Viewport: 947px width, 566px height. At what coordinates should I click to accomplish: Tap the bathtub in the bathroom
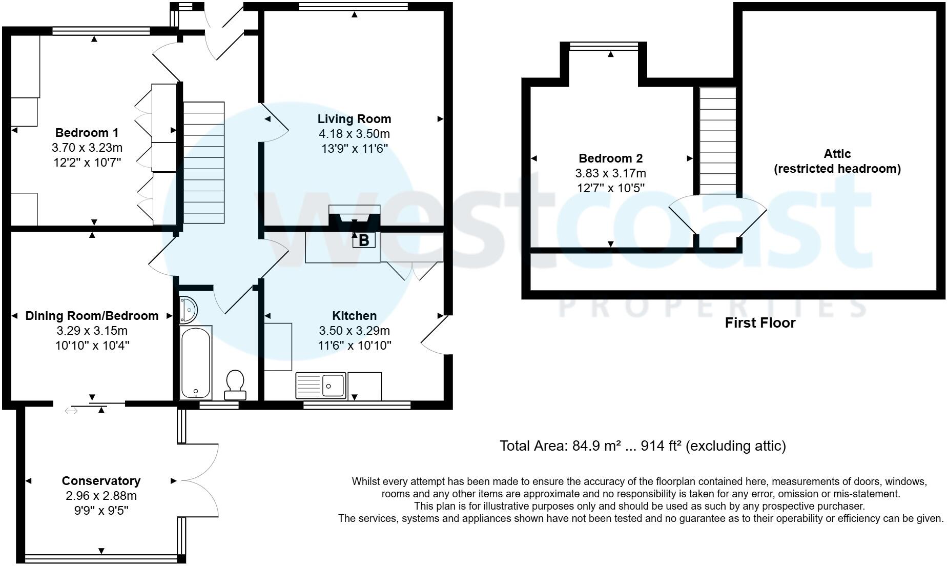tap(195, 362)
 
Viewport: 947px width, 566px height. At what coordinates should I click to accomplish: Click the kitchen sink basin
tap(334, 385)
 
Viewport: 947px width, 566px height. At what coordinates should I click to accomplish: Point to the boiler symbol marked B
tap(363, 240)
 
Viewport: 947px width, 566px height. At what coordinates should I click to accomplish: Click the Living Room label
tap(354, 119)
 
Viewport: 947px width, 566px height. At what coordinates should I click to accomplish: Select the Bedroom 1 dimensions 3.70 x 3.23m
tap(87, 148)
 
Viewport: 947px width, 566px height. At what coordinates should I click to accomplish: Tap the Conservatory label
tap(101, 481)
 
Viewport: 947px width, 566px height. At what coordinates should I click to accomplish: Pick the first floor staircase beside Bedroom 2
tap(718, 141)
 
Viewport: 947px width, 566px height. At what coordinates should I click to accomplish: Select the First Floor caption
tap(760, 323)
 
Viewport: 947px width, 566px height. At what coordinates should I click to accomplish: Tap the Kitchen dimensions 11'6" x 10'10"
tap(355, 346)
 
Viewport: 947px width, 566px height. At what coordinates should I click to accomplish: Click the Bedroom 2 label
tap(610, 158)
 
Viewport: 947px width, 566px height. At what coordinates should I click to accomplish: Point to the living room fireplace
tap(354, 216)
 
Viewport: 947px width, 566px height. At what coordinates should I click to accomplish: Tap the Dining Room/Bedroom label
tap(92, 316)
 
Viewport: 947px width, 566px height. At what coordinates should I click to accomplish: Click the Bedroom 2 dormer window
tap(604, 47)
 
